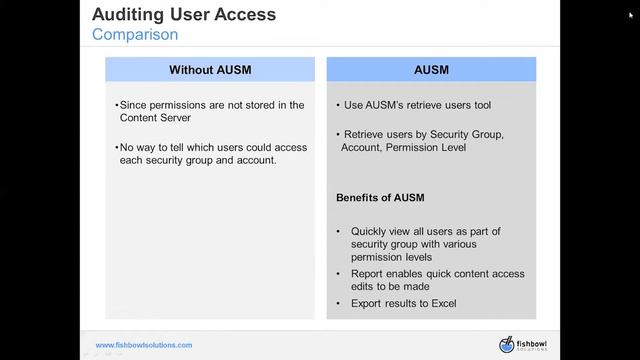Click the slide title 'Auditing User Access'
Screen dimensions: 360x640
click(184, 15)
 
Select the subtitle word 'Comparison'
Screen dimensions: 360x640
click(135, 35)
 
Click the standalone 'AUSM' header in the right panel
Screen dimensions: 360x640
click(431, 70)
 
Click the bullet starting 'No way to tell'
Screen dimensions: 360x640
click(212, 154)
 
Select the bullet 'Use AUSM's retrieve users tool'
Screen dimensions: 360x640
click(416, 105)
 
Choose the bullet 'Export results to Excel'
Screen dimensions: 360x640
click(410, 302)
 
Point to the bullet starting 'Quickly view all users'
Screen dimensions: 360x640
click(425, 244)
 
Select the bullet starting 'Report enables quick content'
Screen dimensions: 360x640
click(437, 280)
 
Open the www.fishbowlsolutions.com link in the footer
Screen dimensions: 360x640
click(144, 345)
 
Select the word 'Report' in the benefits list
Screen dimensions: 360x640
click(368, 274)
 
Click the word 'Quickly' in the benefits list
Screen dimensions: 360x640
click(370, 231)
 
